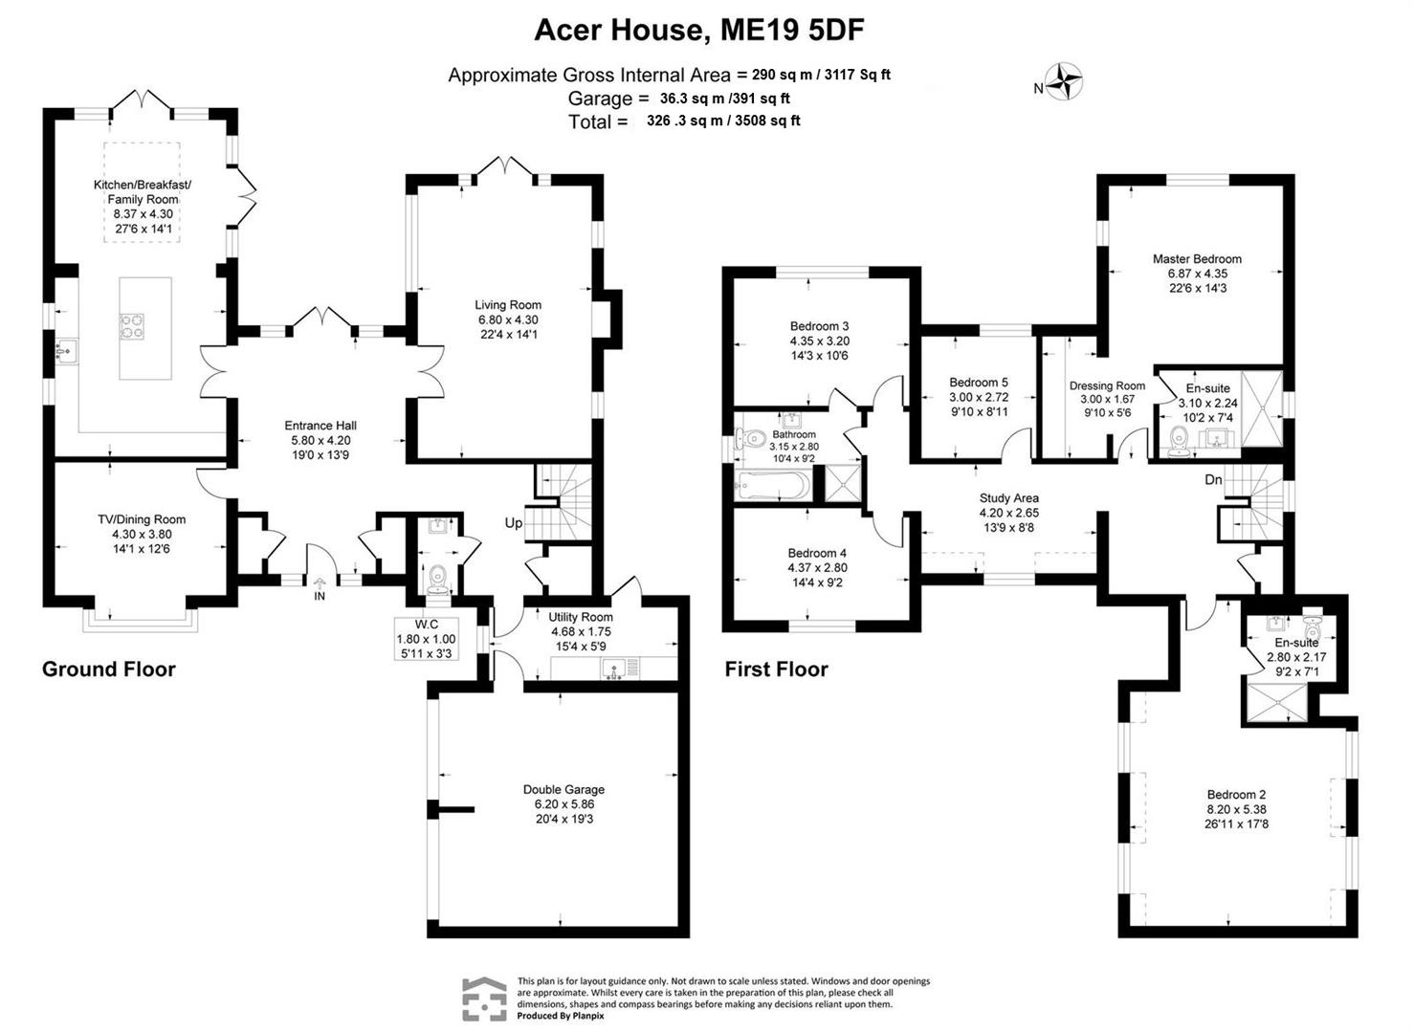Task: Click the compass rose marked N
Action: [1063, 81]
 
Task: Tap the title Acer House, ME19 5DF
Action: [698, 31]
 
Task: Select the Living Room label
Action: [510, 305]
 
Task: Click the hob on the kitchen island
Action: [132, 327]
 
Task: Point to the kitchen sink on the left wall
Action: [66, 352]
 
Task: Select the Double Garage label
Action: [563, 789]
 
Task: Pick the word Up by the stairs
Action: [514, 523]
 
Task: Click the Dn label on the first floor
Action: [1212, 479]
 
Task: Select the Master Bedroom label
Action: [1197, 258]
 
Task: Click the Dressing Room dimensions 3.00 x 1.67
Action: [1107, 399]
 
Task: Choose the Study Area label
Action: [1008, 497]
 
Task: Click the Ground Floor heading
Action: [109, 669]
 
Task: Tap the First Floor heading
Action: [776, 669]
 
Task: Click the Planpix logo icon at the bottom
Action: [485, 1000]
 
